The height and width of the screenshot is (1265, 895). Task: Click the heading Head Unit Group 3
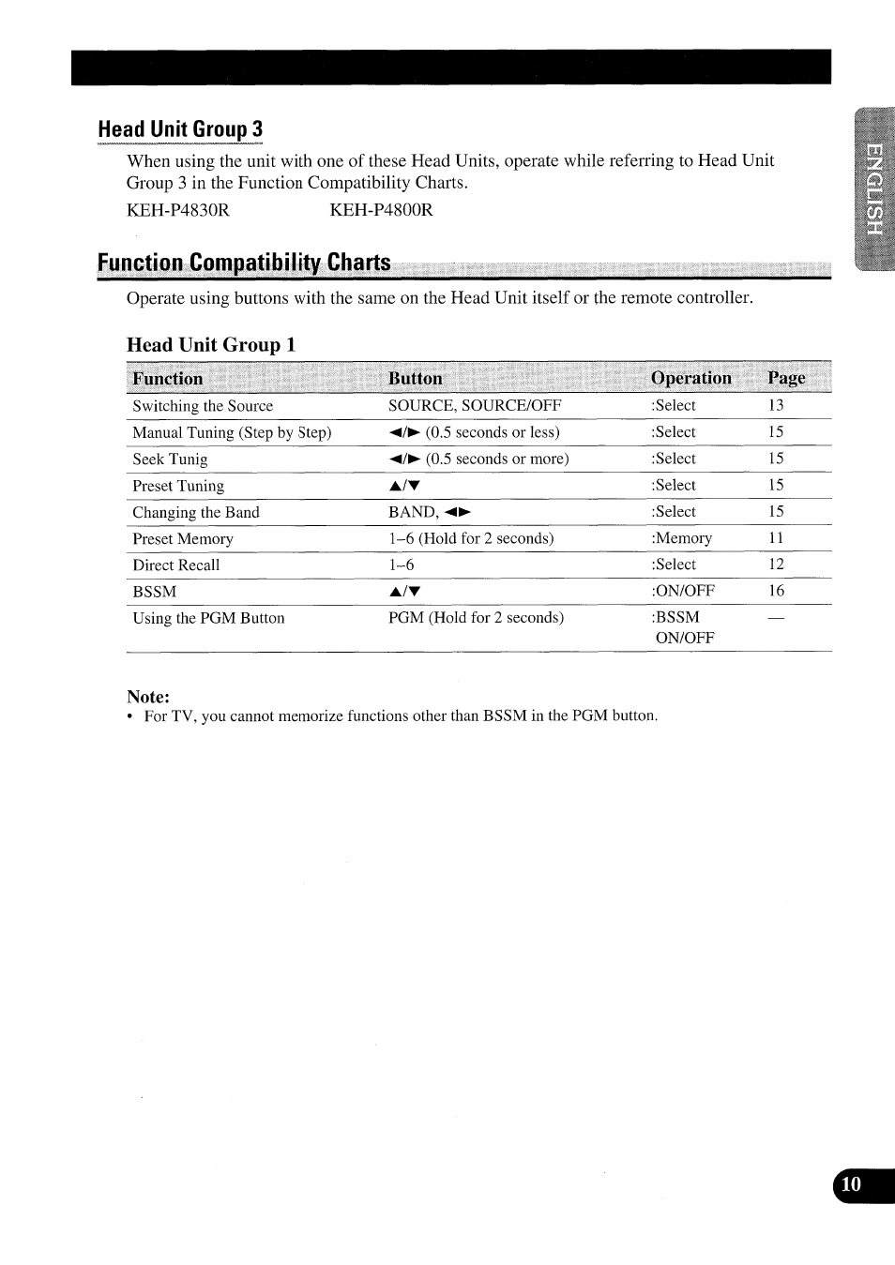180,129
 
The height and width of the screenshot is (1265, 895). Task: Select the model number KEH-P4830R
177,209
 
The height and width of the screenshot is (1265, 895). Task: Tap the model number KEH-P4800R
381,209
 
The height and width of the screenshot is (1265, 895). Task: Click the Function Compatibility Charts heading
244,263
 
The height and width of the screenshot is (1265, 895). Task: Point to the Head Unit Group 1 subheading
211,344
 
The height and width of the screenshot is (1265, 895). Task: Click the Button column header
415,378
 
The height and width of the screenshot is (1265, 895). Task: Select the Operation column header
690,378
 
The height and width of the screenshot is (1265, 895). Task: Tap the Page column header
786,378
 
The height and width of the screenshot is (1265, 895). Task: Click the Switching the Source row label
203,406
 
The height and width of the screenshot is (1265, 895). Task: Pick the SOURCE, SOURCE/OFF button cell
475,405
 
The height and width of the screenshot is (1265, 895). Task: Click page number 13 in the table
776,405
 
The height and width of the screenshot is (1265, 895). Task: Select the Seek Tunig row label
170,459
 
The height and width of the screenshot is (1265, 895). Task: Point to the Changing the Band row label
196,512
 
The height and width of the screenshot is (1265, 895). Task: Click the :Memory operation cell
682,538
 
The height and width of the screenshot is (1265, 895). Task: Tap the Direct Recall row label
175,565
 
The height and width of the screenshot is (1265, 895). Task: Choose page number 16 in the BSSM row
776,591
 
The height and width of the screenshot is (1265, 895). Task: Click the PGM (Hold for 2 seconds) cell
476,617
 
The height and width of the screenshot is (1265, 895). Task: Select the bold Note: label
148,697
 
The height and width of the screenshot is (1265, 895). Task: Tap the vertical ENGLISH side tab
874,190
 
